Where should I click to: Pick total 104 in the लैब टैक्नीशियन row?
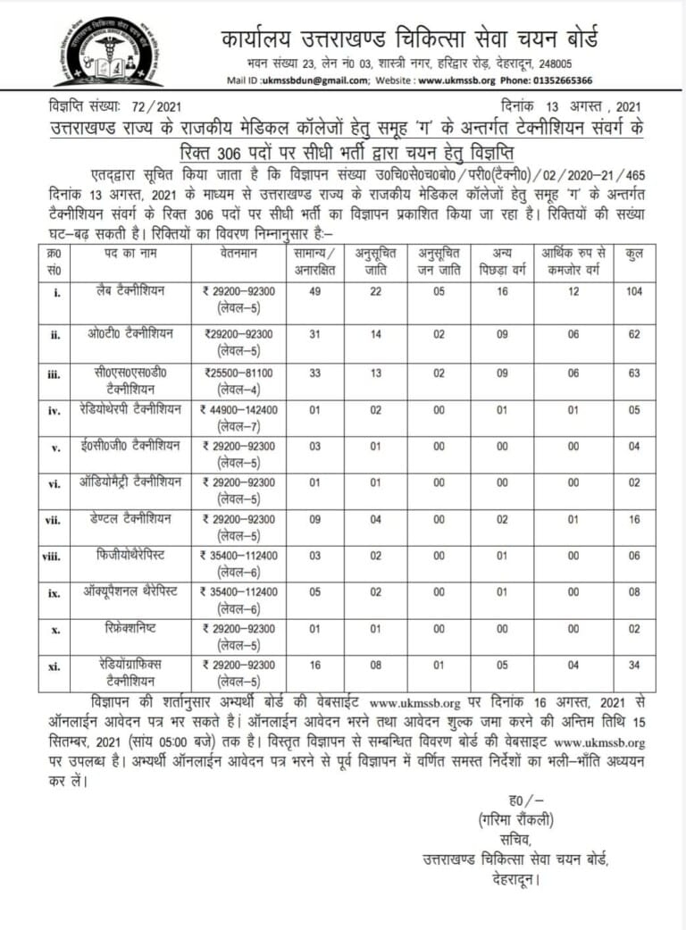[634, 292]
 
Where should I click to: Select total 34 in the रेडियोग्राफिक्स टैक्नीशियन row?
[634, 666]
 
